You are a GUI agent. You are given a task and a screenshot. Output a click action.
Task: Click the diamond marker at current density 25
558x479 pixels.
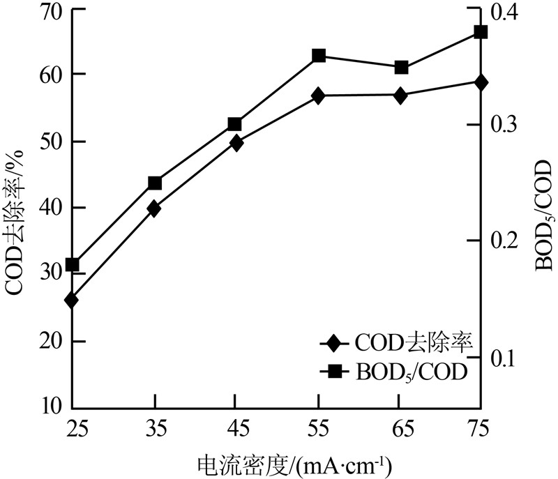(x=72, y=301)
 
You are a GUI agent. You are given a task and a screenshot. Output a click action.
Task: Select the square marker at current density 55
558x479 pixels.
(x=319, y=55)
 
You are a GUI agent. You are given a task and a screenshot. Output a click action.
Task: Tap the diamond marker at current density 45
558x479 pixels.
(x=236, y=144)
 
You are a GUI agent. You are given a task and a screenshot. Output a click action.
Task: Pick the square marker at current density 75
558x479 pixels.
(x=481, y=32)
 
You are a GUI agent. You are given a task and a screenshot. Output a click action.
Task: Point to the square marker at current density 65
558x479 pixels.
(x=400, y=68)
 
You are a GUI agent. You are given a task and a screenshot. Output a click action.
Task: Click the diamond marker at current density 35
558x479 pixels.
(x=154, y=208)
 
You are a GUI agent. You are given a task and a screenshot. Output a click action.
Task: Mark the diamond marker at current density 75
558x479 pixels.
(x=481, y=82)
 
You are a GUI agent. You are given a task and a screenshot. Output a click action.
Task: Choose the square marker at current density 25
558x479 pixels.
(x=72, y=265)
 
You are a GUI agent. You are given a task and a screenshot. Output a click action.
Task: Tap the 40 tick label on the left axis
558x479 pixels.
(x=50, y=208)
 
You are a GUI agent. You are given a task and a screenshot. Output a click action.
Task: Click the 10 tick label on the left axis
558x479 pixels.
(x=50, y=406)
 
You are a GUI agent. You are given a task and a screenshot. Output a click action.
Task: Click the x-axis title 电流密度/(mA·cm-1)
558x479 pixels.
(x=292, y=464)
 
